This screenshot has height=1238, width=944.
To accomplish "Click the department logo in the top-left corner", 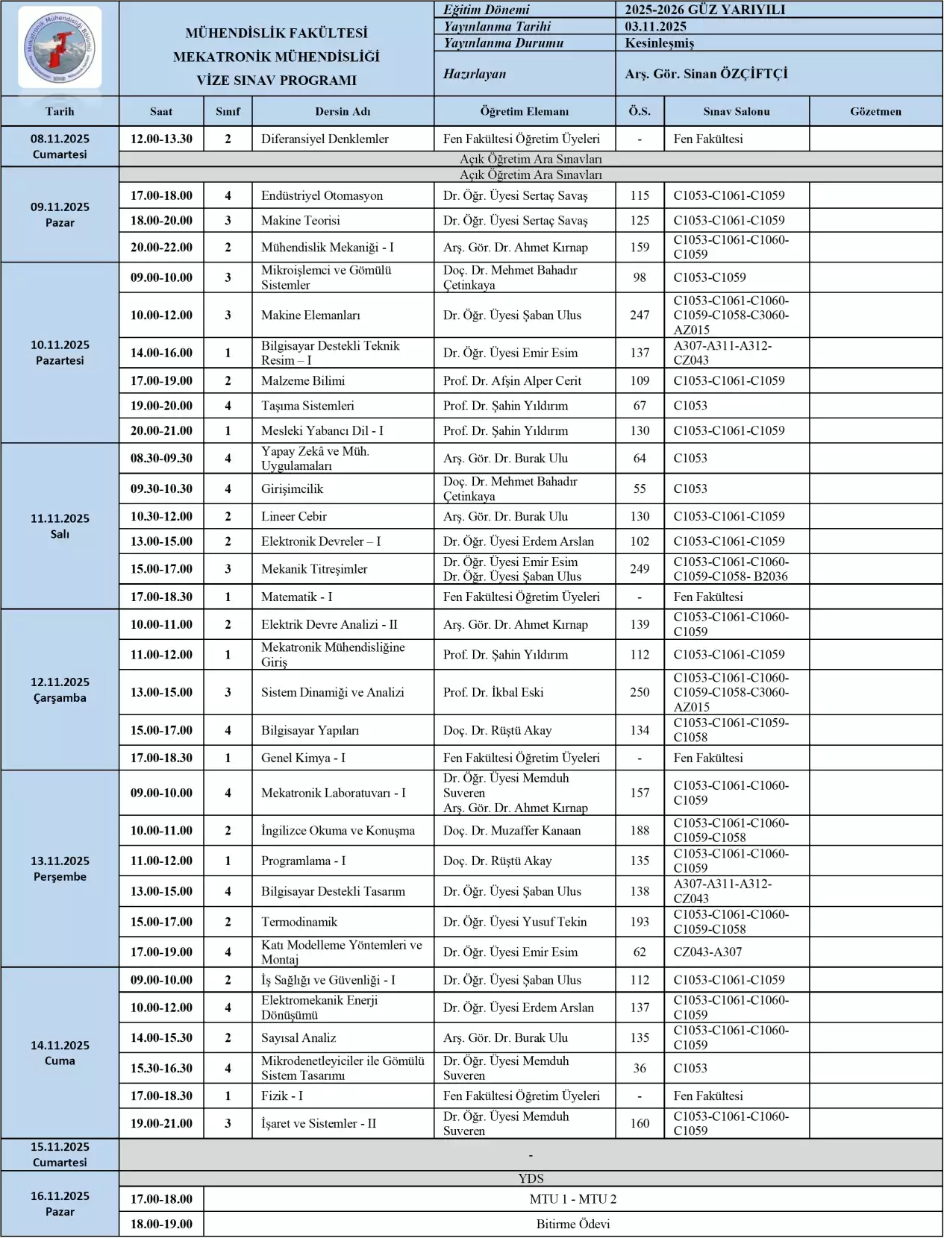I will (60, 48).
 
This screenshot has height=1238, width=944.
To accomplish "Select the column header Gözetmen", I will (875, 111).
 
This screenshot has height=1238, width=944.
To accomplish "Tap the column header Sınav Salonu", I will (736, 111).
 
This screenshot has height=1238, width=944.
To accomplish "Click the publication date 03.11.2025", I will (656, 26).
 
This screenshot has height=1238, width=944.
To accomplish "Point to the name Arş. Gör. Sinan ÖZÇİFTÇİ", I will (706, 74).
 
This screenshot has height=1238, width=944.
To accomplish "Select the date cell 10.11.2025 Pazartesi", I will (60, 352).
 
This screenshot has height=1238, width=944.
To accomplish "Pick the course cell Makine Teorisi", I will (301, 220).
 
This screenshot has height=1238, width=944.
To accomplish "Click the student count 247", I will (640, 315).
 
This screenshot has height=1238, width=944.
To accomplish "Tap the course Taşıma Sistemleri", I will (307, 406).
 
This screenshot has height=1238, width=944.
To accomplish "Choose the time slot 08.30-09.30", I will (161, 458).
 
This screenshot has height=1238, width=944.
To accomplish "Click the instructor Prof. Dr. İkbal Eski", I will (493, 692).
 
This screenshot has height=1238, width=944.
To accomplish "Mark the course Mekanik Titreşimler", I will (314, 569).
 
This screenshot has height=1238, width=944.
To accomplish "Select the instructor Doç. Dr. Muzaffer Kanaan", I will (511, 830).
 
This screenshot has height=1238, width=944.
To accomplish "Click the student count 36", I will (640, 1068).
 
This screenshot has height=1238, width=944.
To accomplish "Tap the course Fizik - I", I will (282, 1096).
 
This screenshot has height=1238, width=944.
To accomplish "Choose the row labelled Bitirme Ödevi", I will (572, 1224).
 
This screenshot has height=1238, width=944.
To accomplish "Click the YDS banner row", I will (531, 1178).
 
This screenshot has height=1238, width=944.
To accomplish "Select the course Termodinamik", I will (299, 922).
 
